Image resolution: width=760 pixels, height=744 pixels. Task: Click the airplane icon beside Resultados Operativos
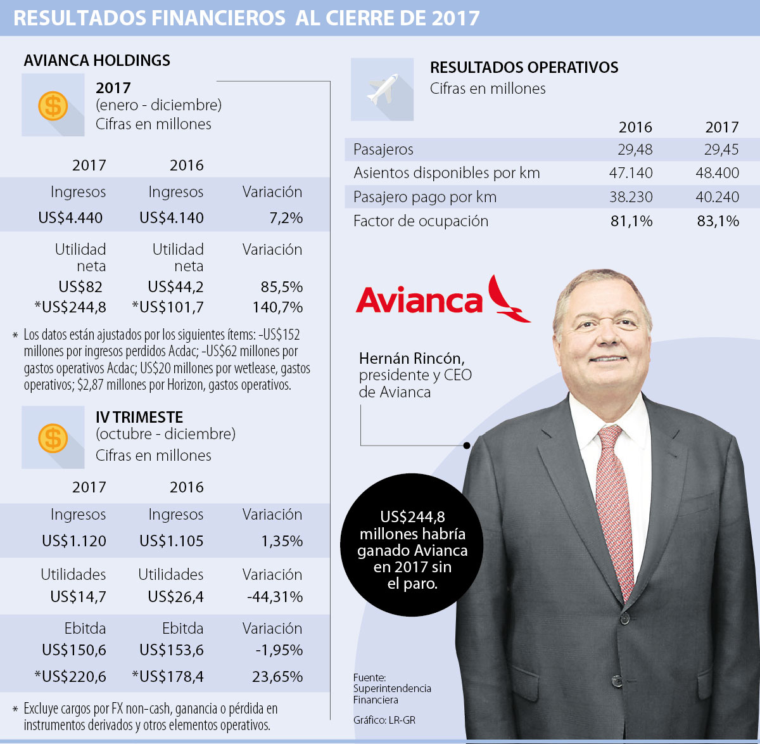click(382, 89)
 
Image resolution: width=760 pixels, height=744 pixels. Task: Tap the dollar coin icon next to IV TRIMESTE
click(53, 437)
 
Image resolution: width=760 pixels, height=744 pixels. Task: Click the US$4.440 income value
click(70, 218)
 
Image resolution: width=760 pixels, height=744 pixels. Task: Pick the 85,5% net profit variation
click(282, 287)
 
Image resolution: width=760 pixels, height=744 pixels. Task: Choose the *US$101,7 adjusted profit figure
click(168, 307)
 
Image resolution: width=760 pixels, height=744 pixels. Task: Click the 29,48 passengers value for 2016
click(635, 150)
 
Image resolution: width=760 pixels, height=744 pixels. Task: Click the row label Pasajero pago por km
click(425, 197)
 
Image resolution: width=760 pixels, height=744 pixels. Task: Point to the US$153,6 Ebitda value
click(172, 650)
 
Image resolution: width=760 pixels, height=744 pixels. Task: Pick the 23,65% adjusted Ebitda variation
click(277, 676)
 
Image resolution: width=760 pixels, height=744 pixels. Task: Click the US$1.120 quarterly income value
click(74, 541)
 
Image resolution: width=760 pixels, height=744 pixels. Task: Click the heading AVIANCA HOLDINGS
click(97, 60)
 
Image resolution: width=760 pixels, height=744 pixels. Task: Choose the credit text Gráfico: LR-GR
click(384, 720)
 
